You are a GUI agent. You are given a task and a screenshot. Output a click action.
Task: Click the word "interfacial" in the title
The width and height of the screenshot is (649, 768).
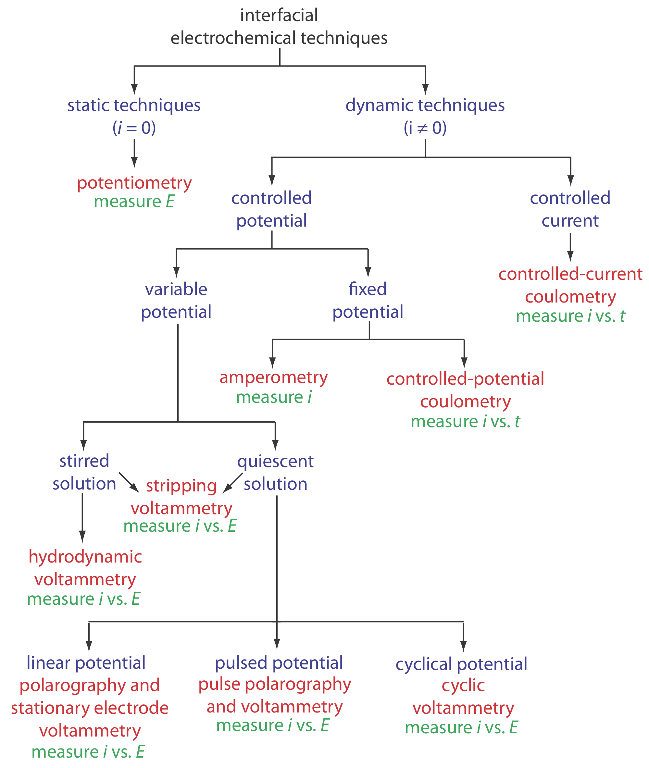coord(279,16)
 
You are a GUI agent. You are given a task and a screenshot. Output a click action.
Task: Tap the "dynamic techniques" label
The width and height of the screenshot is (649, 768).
coord(425,105)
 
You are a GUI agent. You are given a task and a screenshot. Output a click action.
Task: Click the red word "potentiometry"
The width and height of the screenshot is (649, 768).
coord(134,183)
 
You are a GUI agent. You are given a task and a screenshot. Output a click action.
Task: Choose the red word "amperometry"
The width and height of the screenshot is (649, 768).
coord(273,378)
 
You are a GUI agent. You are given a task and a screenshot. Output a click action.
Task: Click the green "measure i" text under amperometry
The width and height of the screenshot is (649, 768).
coord(274,397)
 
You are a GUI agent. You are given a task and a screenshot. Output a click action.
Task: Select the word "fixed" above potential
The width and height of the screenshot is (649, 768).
coord(368,289)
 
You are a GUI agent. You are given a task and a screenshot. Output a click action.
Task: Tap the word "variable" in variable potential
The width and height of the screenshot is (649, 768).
coord(176,289)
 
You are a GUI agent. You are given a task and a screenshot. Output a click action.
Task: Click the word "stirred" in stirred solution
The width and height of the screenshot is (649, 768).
coord(84,461)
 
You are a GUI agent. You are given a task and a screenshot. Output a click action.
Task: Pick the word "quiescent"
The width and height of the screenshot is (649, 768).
coord(275,461)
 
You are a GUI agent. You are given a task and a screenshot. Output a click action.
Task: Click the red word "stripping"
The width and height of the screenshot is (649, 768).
coord(181,486)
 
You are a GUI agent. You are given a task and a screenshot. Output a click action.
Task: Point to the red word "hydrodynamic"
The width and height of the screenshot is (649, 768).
coord(85,556)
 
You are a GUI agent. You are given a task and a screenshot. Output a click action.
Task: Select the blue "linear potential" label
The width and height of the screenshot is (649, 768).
coord(86,663)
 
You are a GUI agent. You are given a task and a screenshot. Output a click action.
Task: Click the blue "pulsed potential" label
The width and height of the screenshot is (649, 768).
coord(279,663)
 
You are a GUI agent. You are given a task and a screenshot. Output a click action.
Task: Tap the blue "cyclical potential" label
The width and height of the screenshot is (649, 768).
coord(461,664)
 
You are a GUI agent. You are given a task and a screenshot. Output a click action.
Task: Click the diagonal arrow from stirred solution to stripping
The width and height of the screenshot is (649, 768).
coord(129,482)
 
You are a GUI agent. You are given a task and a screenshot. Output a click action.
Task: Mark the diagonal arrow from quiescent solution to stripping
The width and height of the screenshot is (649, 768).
coord(232,483)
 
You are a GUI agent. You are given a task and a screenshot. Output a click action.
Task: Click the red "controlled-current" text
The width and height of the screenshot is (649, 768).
coord(570,274)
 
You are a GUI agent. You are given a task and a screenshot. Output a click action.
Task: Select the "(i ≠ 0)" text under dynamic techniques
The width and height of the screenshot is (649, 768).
coord(425,128)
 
